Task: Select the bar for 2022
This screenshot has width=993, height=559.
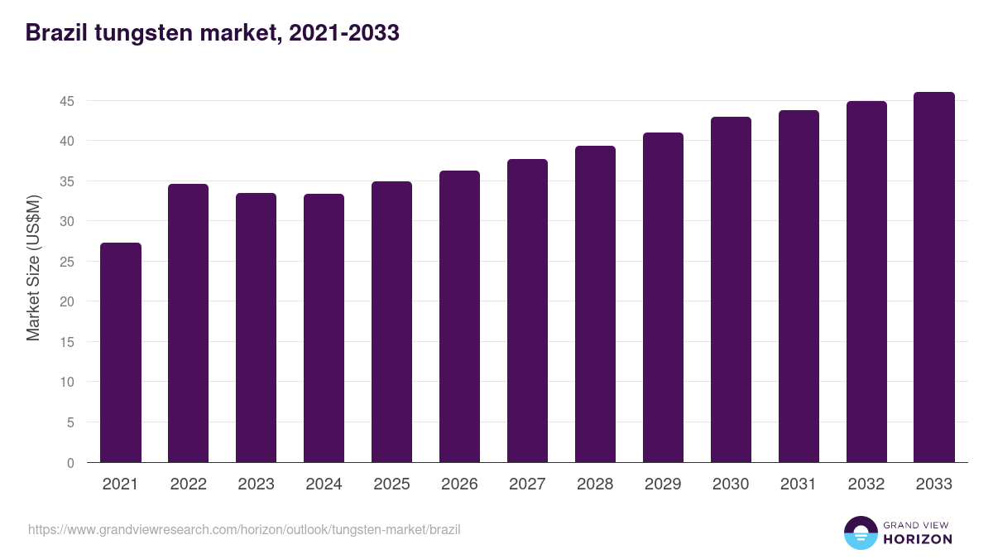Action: coord(189,323)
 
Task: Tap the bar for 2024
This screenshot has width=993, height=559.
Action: coord(324,328)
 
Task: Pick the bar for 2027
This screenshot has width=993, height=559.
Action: coord(527,311)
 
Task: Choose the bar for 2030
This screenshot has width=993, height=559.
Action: coord(731,290)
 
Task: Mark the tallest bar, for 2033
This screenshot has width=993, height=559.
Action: coord(934,277)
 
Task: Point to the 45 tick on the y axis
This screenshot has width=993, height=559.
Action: coord(67,101)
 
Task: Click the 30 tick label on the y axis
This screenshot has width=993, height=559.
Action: coord(67,221)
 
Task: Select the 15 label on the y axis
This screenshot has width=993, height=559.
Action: coord(67,342)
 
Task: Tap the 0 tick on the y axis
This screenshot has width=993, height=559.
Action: coord(70,463)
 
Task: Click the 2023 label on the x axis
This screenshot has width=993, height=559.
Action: coord(257,484)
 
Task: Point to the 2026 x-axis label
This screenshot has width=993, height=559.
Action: coord(459,484)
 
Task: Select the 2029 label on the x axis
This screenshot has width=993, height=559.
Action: coord(663,484)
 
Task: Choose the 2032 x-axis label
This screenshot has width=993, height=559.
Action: coord(866,484)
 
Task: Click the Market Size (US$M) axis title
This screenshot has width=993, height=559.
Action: coord(33,267)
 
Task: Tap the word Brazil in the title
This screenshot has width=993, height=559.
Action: coord(56,33)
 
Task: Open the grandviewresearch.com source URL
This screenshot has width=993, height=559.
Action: coord(244,529)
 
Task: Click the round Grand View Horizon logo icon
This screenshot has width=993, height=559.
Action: coord(861,532)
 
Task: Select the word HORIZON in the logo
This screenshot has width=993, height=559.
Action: coord(918,539)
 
